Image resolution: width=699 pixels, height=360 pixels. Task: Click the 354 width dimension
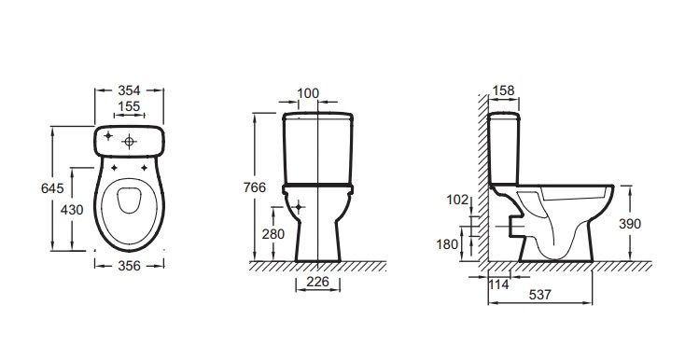click(129, 90)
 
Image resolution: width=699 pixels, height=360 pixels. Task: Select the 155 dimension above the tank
click(129, 106)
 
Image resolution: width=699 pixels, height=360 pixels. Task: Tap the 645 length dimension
click(52, 188)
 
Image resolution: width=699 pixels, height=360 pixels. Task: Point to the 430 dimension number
click(72, 210)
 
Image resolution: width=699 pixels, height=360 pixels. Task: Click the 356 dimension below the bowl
click(130, 266)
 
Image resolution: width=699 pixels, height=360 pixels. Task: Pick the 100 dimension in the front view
click(308, 93)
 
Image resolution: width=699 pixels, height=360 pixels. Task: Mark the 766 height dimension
click(255, 187)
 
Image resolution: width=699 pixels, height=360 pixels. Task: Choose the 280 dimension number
click(273, 234)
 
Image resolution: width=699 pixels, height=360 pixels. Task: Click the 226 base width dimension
click(318, 282)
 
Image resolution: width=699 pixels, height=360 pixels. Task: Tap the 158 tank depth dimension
click(503, 90)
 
